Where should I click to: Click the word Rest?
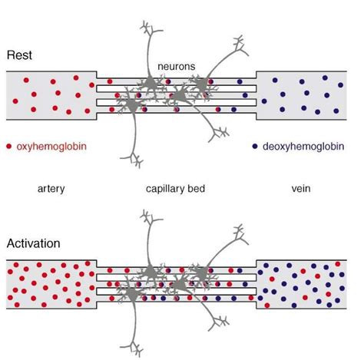(18, 56)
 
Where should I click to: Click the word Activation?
(31, 244)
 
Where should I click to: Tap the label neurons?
(177, 67)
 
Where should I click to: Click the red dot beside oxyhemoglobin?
(8, 145)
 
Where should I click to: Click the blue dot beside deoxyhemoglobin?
(255, 145)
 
